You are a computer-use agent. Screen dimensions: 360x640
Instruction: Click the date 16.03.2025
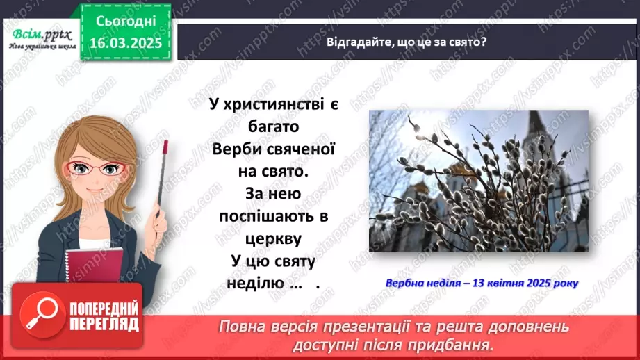point(124,42)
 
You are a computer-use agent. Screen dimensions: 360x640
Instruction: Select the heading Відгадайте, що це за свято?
point(407,41)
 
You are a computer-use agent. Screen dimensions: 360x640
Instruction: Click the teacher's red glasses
point(100,167)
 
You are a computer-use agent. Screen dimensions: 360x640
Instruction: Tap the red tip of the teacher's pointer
point(165,146)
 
